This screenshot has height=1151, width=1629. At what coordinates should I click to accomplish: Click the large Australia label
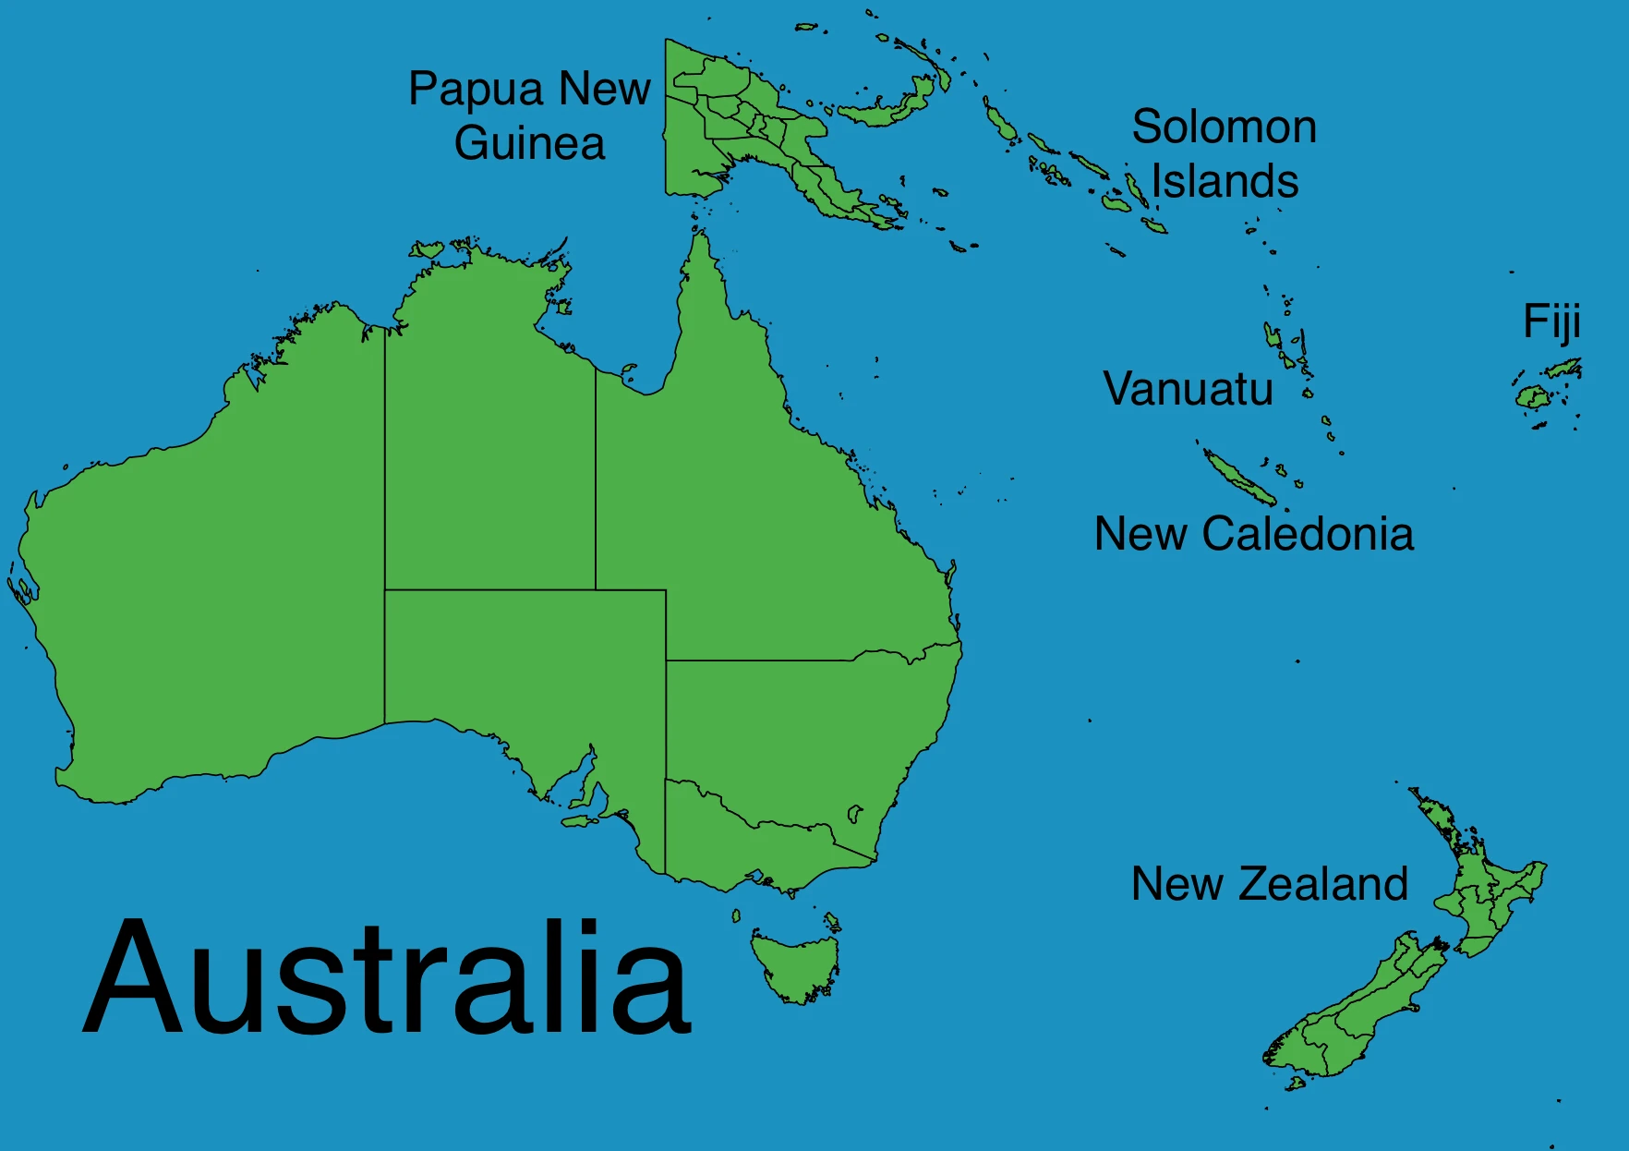388,977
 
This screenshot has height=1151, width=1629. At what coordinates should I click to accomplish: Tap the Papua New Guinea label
529,115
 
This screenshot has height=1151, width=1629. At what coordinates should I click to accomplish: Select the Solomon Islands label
1225,153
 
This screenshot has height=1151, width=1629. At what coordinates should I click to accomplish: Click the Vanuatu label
1189,389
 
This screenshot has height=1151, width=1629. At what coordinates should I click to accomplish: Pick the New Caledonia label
1253,534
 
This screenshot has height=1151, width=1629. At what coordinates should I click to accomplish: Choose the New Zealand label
1270,884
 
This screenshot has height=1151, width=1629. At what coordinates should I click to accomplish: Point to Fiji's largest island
1532,398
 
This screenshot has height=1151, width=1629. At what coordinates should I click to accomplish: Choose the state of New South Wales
794,730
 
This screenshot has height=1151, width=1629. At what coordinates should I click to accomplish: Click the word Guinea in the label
529,143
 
